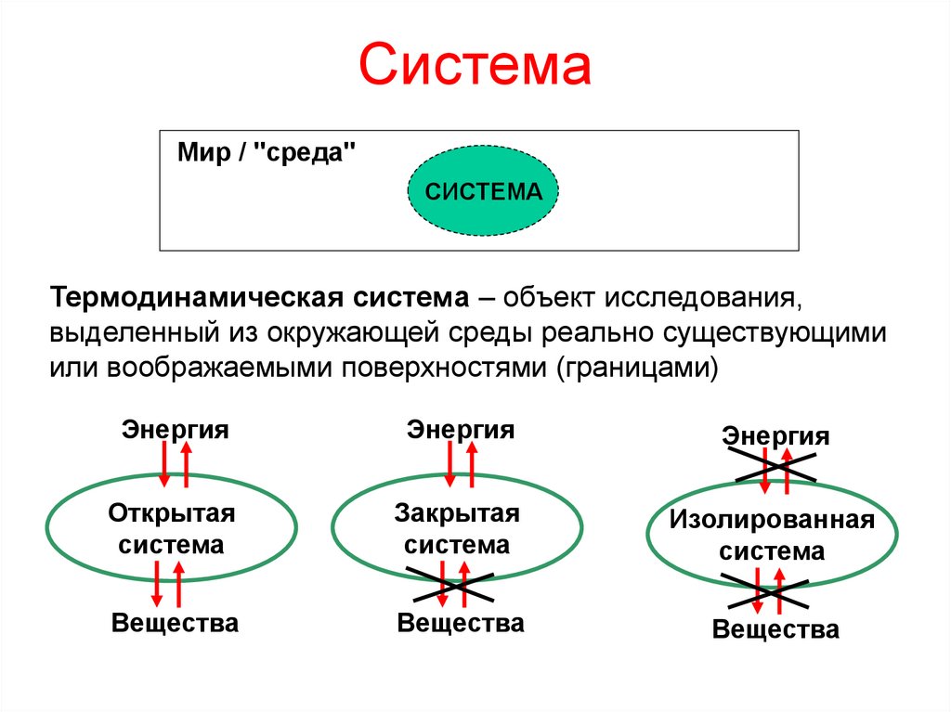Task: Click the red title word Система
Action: [475, 67]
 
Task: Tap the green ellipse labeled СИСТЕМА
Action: [483, 192]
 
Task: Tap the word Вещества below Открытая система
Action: [175, 622]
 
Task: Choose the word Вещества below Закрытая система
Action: [461, 622]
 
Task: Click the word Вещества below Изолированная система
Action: [776, 629]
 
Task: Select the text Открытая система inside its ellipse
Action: [172, 528]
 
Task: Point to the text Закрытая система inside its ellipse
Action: [457, 528]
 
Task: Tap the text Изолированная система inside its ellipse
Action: [772, 535]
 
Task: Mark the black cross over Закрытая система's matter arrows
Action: [451, 583]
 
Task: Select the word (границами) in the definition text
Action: [638, 366]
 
